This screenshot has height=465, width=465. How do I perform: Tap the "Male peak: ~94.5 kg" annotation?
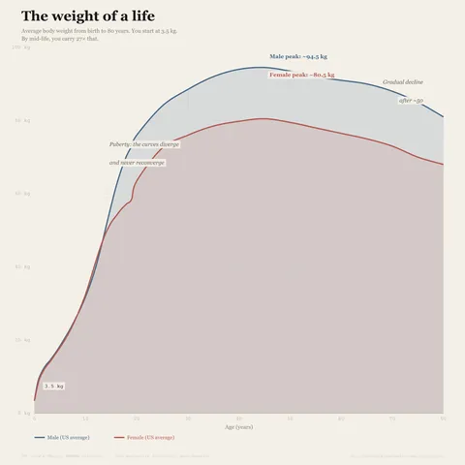pyautogui.click(x=297, y=57)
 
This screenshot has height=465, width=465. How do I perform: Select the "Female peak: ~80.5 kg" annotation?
pyautogui.click(x=301, y=75)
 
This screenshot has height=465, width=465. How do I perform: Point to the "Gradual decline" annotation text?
pyautogui.click(x=402, y=82)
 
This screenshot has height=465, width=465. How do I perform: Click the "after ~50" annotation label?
pyautogui.click(x=411, y=101)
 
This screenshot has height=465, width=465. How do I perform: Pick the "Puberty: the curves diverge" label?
pyautogui.click(x=144, y=143)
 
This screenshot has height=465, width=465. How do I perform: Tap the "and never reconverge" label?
pyautogui.click(x=137, y=163)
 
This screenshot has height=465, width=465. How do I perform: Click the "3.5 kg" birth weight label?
pyautogui.click(x=53, y=386)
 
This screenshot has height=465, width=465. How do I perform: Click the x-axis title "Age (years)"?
pyautogui.click(x=238, y=426)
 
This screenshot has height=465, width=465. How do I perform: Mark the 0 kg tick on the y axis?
pyautogui.click(x=27, y=414)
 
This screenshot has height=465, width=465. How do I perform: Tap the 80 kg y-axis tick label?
pyautogui.click(x=26, y=120)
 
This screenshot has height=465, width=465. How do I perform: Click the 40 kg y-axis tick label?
pyautogui.click(x=26, y=267)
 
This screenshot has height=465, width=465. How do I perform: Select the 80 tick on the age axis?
pyautogui.click(x=443, y=419)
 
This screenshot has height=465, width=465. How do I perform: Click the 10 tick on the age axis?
pyautogui.click(x=85, y=419)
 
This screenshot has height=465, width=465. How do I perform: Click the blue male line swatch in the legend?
pyautogui.click(x=26, y=438)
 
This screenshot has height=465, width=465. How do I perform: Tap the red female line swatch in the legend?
pyautogui.click(x=119, y=438)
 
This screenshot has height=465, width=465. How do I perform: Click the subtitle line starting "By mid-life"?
pyautogui.click(x=60, y=38)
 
